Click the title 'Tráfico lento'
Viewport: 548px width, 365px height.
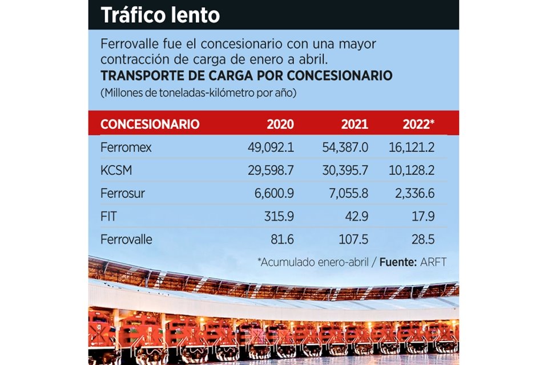click(x=160, y=15)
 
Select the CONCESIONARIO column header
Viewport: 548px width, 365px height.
click(x=150, y=124)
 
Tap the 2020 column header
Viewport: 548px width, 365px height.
click(x=280, y=124)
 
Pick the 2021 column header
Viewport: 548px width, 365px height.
click(x=354, y=124)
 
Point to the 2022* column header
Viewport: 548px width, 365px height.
click(x=418, y=124)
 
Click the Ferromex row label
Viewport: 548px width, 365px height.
click(x=126, y=148)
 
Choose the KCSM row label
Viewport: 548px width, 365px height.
click(x=117, y=171)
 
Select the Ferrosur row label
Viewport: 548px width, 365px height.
click(x=123, y=193)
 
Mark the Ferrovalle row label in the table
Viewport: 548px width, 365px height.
click(x=126, y=240)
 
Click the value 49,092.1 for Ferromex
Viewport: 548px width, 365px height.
click(x=271, y=148)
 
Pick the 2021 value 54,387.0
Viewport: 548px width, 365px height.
click(x=345, y=148)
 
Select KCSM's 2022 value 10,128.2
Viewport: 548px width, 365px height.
click(x=411, y=171)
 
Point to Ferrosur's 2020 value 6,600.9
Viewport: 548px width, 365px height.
click(x=275, y=193)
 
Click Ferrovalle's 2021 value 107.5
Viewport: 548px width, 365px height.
click(x=354, y=240)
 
